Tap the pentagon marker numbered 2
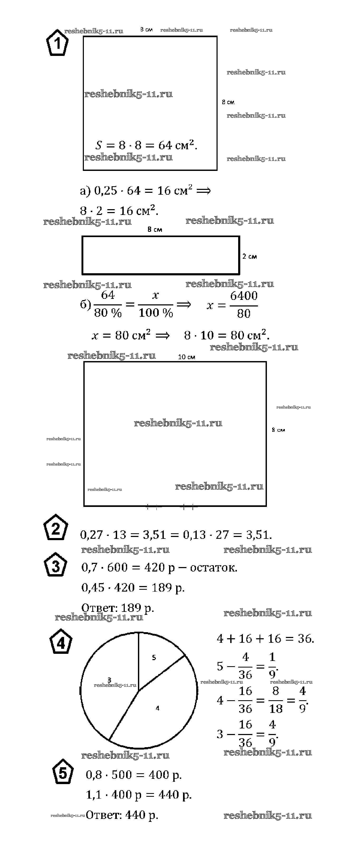(x=56, y=527)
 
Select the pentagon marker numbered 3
(x=56, y=565)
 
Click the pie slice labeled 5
(x=157, y=659)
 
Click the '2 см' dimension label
(x=249, y=256)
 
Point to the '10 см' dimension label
(x=186, y=357)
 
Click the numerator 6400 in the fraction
(x=244, y=296)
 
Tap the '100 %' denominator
(x=156, y=313)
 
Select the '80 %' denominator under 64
(x=108, y=313)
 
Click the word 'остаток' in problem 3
(x=213, y=568)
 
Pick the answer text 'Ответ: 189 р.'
(x=117, y=608)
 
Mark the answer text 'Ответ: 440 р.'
(x=122, y=815)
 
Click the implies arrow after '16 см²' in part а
(x=203, y=191)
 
